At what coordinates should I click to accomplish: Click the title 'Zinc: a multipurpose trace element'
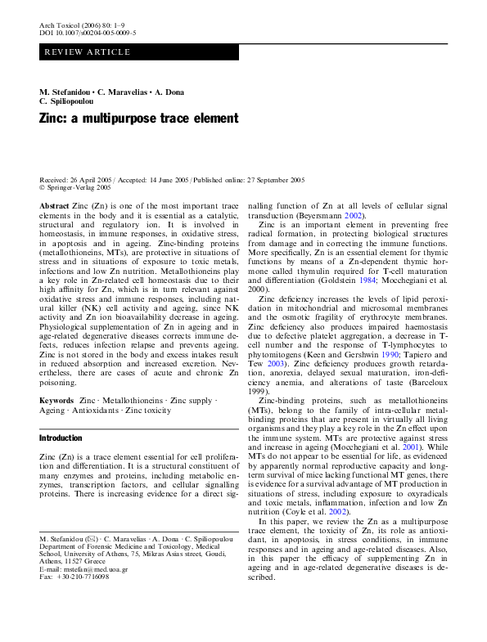pyautogui.click(x=138, y=118)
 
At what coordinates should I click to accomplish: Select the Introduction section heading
pyautogui.click(x=61, y=438)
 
